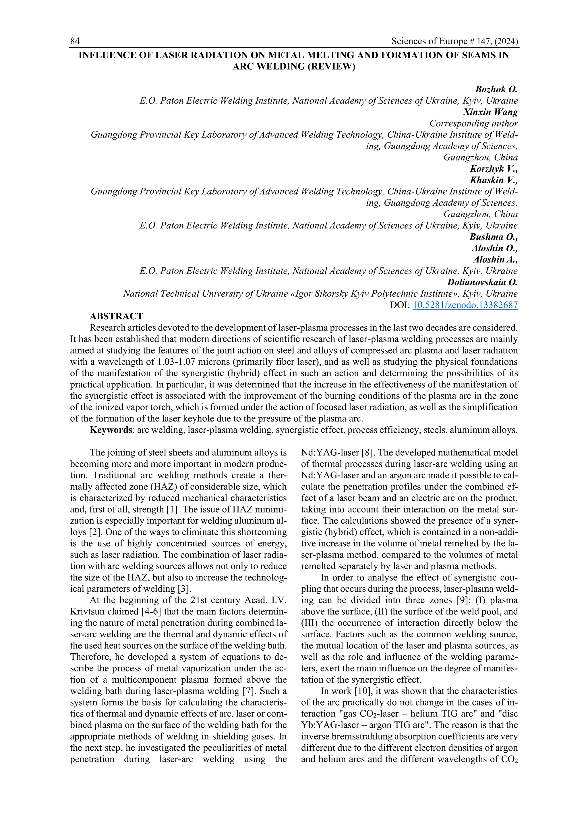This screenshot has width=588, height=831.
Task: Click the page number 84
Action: pyautogui.click(x=75, y=41)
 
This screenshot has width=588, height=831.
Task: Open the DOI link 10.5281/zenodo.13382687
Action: pyautogui.click(x=465, y=305)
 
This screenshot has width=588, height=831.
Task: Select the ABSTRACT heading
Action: pyautogui.click(x=116, y=316)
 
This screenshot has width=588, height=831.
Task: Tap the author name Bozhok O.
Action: pyautogui.click(x=496, y=90)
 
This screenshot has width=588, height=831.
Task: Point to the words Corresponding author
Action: pyautogui.click(x=473, y=123)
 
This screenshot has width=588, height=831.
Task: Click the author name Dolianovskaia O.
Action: pyautogui.click(x=482, y=282)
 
